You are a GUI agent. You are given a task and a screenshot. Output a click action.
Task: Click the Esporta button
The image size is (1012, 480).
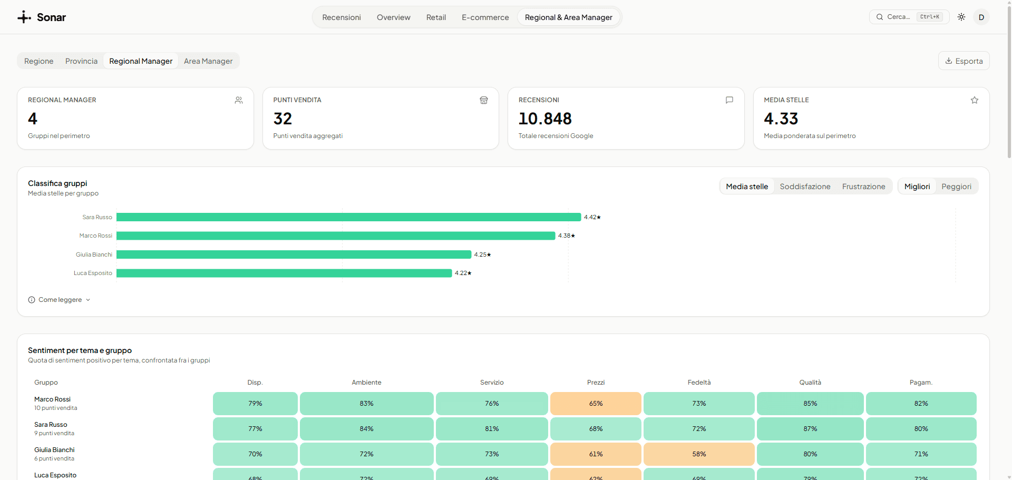[x=964, y=61]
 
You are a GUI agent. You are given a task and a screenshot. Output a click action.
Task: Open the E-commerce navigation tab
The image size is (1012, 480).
[x=485, y=17]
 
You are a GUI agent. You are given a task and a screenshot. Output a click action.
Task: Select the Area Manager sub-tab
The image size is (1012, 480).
[x=208, y=61]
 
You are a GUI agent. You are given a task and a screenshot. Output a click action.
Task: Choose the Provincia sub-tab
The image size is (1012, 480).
[x=81, y=61]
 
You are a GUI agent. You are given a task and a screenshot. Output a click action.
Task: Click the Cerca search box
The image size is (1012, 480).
[x=909, y=17]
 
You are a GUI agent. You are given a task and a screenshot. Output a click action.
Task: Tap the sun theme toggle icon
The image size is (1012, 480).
[x=961, y=17]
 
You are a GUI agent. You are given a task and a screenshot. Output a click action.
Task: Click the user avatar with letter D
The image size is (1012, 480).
[x=981, y=17]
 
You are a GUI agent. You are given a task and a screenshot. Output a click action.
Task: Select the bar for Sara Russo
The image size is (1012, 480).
[x=348, y=217]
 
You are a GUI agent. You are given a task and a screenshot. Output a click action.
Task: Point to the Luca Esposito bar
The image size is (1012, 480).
[x=284, y=273]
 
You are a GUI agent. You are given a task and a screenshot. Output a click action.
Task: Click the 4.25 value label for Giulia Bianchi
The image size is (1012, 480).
[x=482, y=254]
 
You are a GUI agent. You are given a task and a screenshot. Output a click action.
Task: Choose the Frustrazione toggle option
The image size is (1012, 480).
[x=863, y=187]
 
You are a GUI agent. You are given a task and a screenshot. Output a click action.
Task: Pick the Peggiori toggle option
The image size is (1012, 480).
[x=956, y=187]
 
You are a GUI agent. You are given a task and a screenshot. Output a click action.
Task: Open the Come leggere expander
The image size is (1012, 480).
[x=60, y=300]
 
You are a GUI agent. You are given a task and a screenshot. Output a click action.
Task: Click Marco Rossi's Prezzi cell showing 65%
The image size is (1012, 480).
[x=596, y=404]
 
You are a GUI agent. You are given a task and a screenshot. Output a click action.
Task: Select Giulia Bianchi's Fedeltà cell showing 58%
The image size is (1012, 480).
[x=699, y=454]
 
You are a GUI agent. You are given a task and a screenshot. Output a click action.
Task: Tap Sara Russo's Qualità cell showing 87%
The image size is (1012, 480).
[x=810, y=429]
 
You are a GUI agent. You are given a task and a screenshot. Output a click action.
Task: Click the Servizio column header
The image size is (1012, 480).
[x=492, y=383]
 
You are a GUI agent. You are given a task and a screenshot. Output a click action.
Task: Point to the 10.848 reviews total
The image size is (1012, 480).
[x=545, y=119]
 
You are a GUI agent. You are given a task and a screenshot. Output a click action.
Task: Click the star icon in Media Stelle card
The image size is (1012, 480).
[x=975, y=100]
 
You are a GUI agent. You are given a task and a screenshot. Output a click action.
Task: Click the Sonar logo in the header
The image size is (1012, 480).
[x=42, y=17]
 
